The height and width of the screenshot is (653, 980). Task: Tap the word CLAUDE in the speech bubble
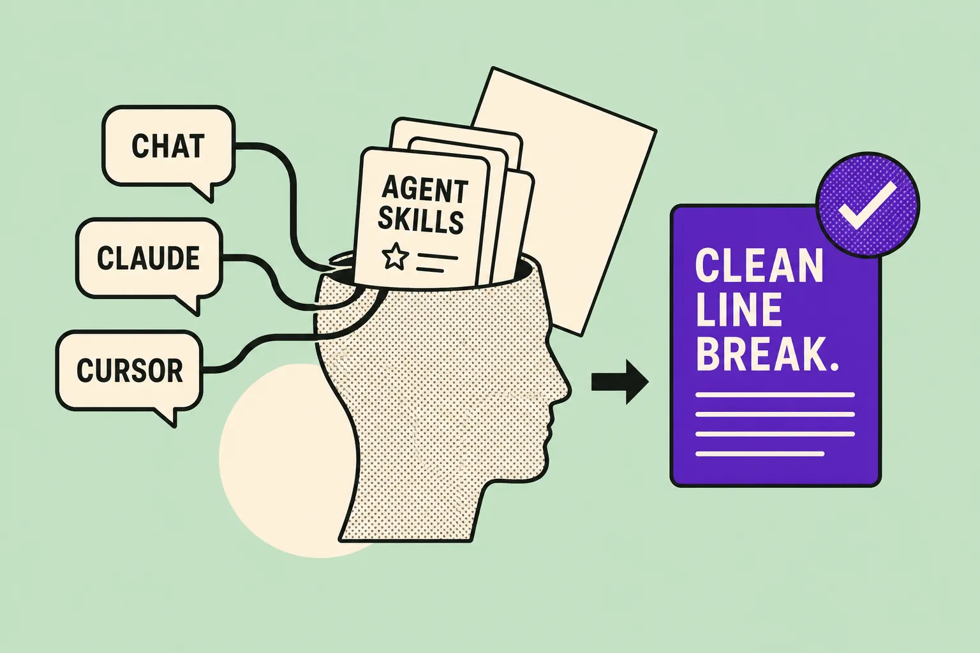[148, 258]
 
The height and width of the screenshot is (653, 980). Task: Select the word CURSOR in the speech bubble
[130, 371]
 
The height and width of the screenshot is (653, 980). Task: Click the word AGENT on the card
[425, 190]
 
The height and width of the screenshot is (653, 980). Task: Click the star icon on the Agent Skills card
[396, 256]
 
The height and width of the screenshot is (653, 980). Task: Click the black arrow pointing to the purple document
[620, 382]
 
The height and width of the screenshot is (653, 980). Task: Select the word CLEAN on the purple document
[759, 267]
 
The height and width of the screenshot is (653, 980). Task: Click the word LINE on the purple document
[739, 310]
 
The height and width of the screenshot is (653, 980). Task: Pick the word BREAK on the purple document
[761, 353]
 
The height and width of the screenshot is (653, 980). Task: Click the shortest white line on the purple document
[760, 454]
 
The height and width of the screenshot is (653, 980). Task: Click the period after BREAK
[833, 367]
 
